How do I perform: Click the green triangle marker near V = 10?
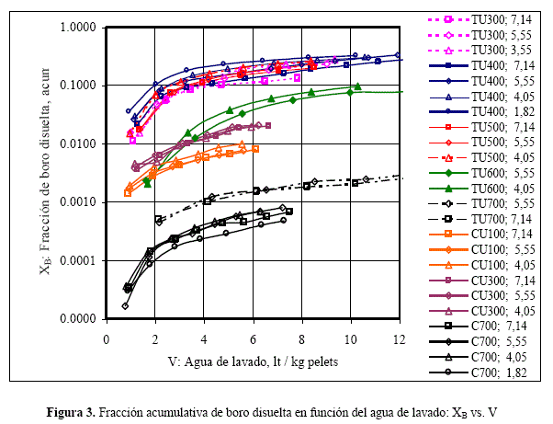pos(357,87)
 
